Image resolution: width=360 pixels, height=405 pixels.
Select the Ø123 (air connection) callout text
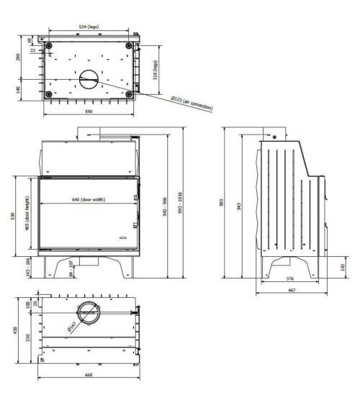click(191, 103)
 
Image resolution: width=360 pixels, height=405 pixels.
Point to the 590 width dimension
click(89, 113)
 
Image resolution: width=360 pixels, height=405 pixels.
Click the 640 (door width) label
click(88, 199)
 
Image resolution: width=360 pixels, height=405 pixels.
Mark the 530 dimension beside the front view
click(12, 216)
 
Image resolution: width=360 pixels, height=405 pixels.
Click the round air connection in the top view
click(89, 78)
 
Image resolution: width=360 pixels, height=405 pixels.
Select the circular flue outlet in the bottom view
click(89, 314)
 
